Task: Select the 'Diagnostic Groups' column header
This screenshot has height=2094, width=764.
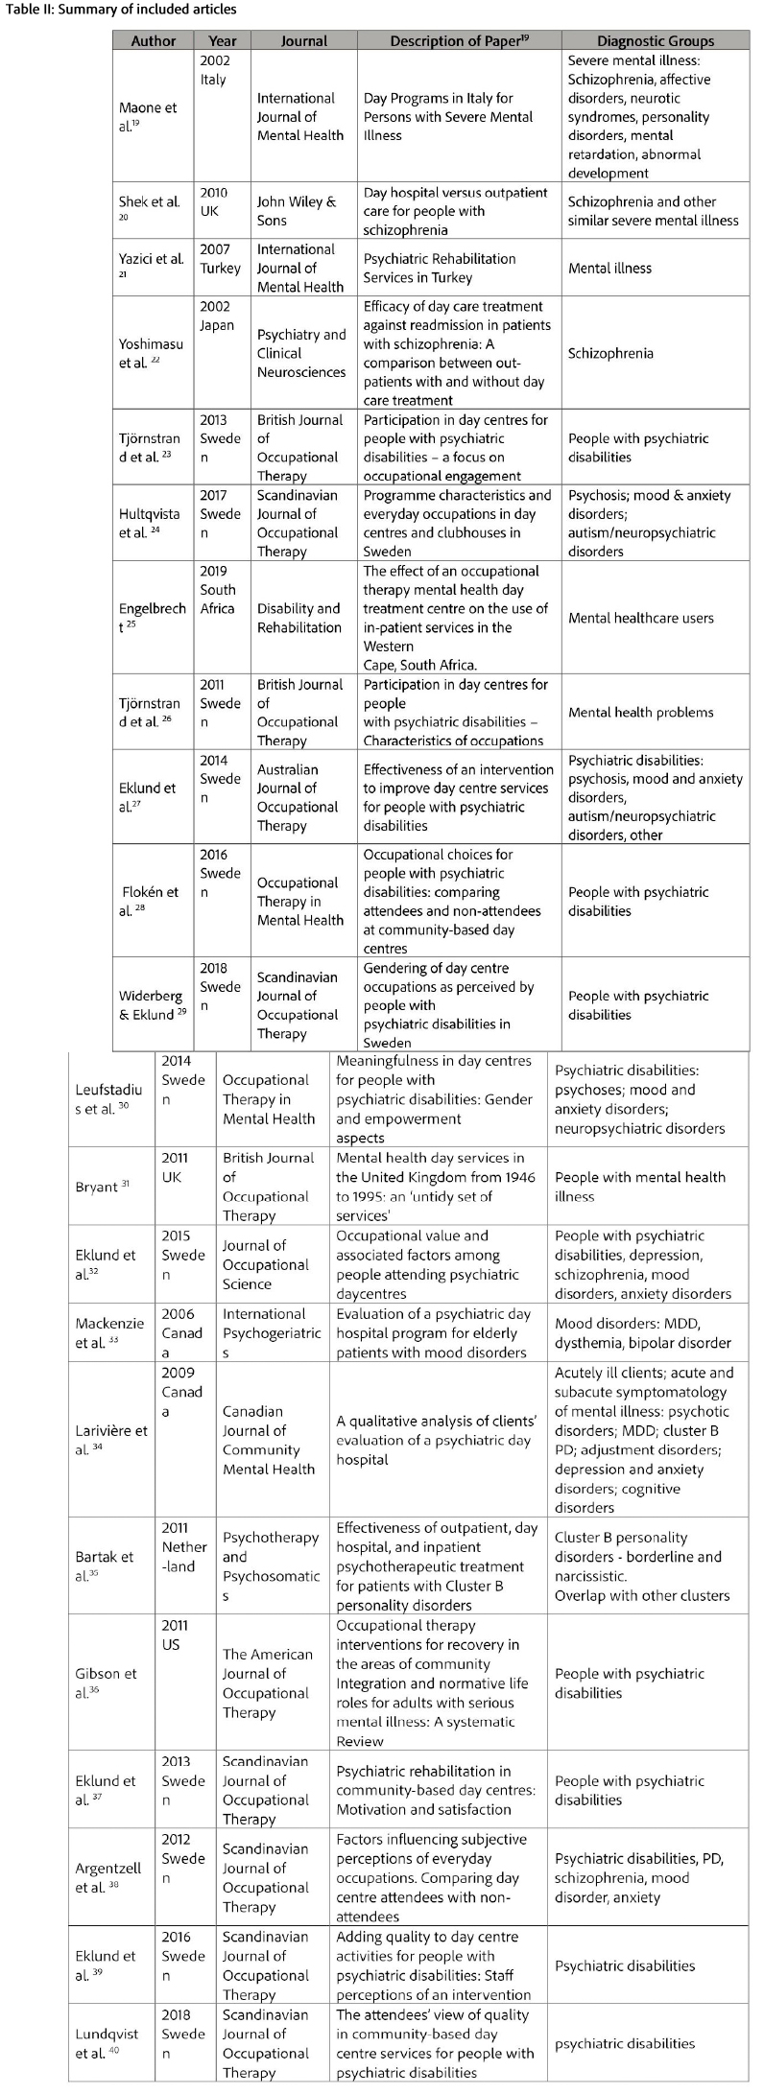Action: pyautogui.click(x=656, y=41)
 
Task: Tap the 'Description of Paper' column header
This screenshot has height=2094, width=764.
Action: pyautogui.click(x=459, y=41)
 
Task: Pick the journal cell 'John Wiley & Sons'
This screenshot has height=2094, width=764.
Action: pyautogui.click(x=297, y=211)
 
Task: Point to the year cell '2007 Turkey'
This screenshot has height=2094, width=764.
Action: pyautogui.click(x=220, y=259)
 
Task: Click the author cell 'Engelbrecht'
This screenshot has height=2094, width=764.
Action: pyautogui.click(x=153, y=617)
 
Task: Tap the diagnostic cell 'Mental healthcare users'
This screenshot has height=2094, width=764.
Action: pyautogui.click(x=640, y=618)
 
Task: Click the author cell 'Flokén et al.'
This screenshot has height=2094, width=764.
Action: pyautogui.click(x=150, y=901)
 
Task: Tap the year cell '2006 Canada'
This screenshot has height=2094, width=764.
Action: pyautogui.click(x=181, y=1332)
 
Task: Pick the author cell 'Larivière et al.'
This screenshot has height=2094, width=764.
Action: pyautogui.click(x=111, y=1439)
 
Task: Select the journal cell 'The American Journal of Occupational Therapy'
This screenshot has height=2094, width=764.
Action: pyautogui.click(x=268, y=1682)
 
